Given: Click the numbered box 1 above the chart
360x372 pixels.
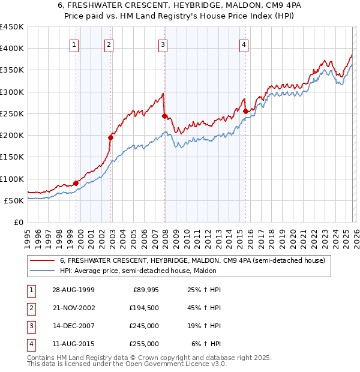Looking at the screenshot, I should pyautogui.click(x=74, y=44).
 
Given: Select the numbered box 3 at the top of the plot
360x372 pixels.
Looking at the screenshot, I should pyautogui.click(x=163, y=44).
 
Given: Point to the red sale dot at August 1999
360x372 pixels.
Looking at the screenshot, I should pyautogui.click(x=76, y=183).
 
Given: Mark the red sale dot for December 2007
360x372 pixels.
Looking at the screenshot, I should pyautogui.click(x=164, y=116).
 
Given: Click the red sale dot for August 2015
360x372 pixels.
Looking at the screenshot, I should pyautogui.click(x=246, y=111).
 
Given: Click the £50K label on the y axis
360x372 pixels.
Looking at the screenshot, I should pyautogui.click(x=14, y=200).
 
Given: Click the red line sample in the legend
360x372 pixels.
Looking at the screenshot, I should pyautogui.click(x=43, y=260).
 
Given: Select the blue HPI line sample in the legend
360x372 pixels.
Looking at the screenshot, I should pyautogui.click(x=43, y=271).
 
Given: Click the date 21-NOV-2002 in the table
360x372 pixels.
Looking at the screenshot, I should pyautogui.click(x=73, y=308).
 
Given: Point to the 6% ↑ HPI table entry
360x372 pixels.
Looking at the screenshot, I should pyautogui.click(x=207, y=344).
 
